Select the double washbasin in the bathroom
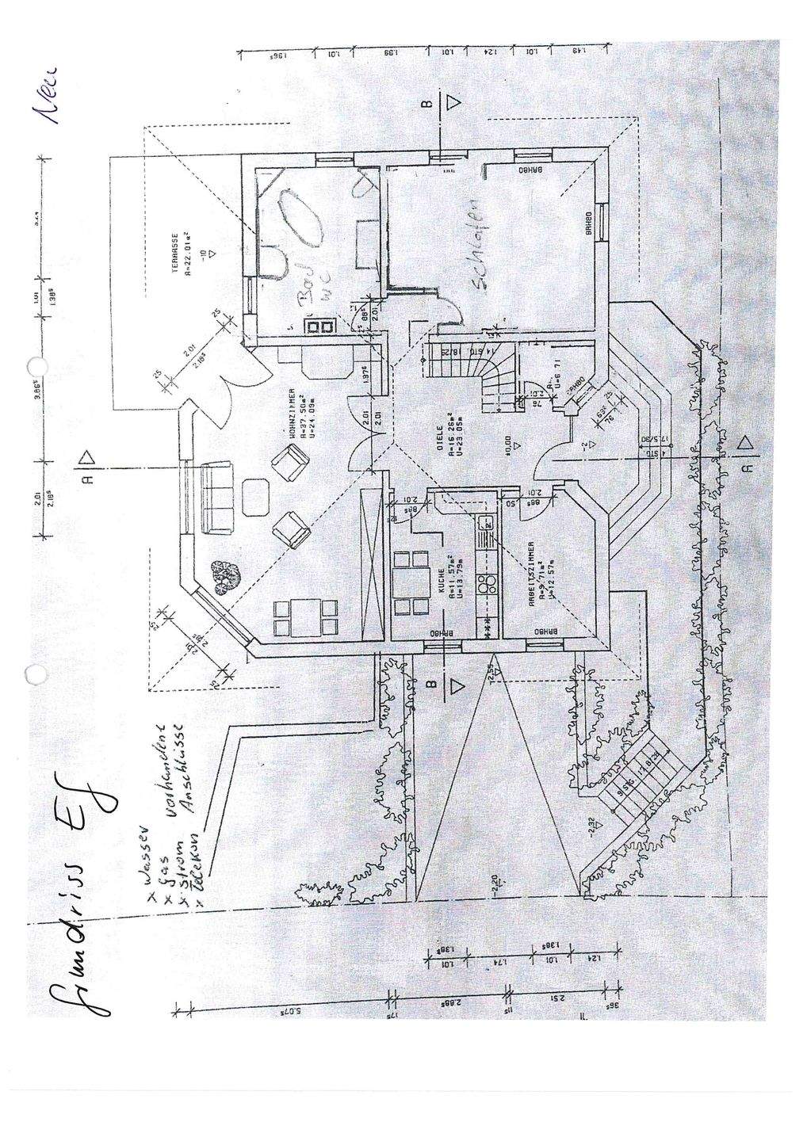tap(323, 326)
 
